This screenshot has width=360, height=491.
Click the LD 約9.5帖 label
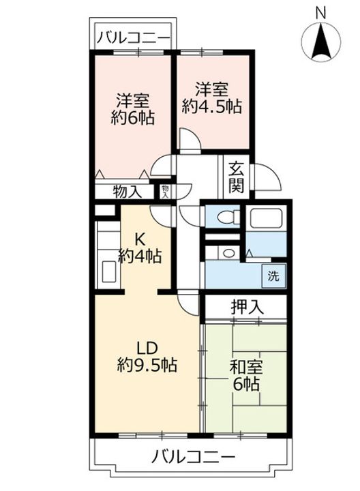pos(146,357)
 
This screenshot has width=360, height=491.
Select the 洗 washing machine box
pos(273,278)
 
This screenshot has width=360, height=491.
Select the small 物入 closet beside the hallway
pos(165,192)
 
